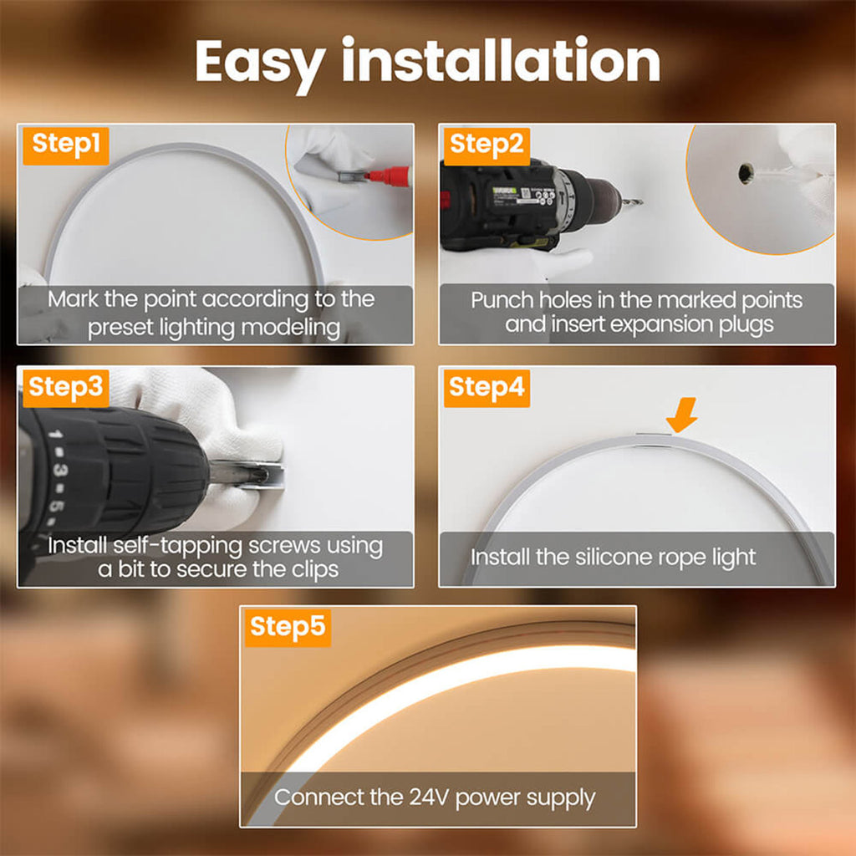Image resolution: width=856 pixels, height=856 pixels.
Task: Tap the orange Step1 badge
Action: coord(66,145)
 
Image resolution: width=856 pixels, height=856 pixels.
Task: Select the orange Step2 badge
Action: coord(486,145)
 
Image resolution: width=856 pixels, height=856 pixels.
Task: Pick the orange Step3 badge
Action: coord(64,387)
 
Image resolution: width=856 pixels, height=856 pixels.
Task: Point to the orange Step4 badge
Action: coord(486,387)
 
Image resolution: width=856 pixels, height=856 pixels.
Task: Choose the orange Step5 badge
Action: coord(287,627)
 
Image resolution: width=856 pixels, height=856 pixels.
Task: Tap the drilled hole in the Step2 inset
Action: coord(745,173)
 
